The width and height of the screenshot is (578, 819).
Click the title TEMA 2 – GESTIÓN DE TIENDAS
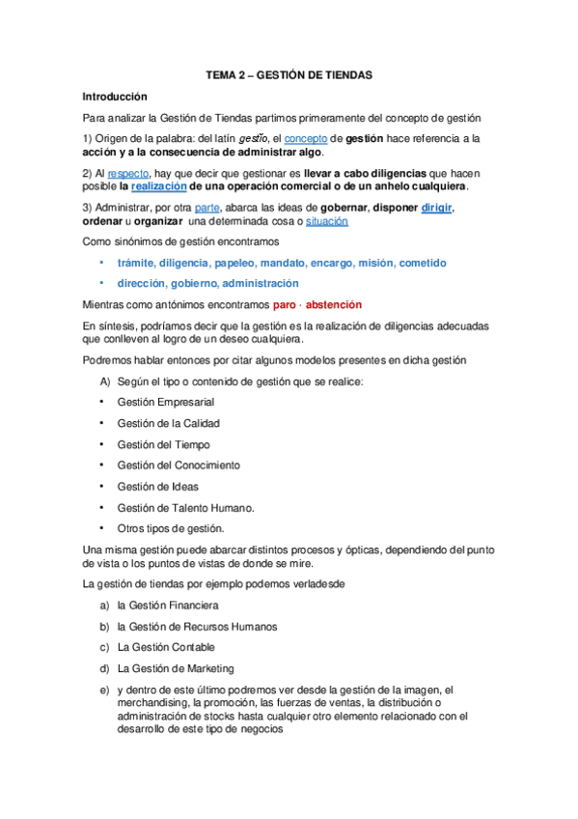pyautogui.click(x=289, y=74)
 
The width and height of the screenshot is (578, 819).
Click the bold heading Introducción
pyautogui.click(x=114, y=97)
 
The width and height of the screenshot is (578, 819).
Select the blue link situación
pyautogui.click(x=327, y=221)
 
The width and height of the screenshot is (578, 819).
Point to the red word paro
pyautogui.click(x=286, y=304)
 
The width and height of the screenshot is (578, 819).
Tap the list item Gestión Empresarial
pyautogui.click(x=165, y=402)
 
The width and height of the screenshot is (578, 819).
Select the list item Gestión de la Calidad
pyautogui.click(x=168, y=423)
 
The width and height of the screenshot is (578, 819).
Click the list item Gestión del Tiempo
pyautogui.click(x=163, y=444)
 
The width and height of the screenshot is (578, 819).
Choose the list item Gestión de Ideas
pyautogui.click(x=157, y=487)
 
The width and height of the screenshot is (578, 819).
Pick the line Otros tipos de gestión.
pyautogui.click(x=170, y=528)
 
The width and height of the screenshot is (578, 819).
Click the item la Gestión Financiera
pyautogui.click(x=167, y=606)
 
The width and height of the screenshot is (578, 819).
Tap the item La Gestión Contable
pyautogui.click(x=165, y=647)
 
